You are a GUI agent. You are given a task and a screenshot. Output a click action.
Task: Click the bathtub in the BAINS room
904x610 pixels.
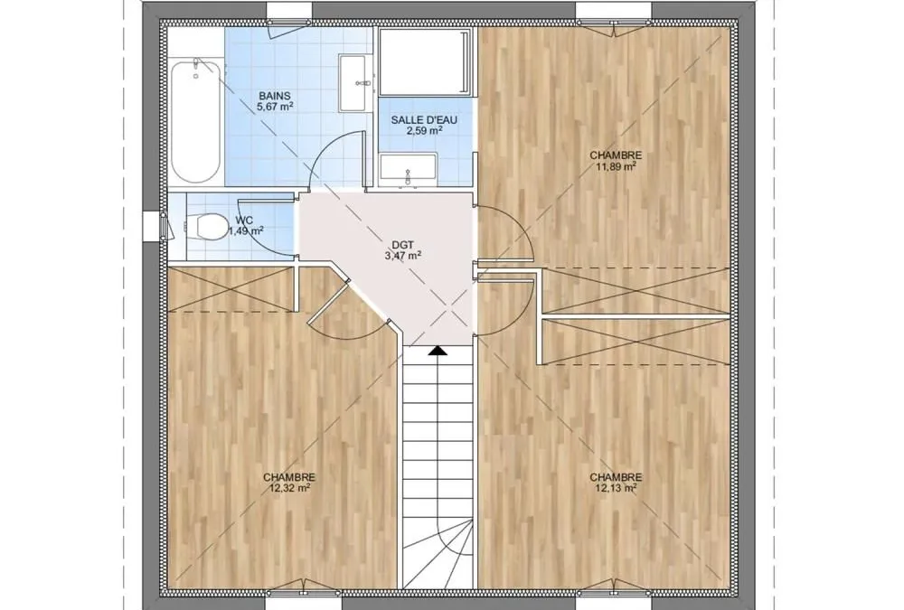tap(195, 121)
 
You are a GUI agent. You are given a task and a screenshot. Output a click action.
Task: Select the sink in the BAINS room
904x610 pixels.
tap(354, 82)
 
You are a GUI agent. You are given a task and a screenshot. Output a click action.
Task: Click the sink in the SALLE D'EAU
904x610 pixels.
tap(408, 168)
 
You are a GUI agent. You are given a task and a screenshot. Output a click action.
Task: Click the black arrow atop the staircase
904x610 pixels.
tap(438, 350)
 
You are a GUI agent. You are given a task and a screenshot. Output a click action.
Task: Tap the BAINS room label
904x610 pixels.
tap(275, 96)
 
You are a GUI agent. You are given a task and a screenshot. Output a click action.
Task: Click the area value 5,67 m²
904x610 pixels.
tap(275, 106)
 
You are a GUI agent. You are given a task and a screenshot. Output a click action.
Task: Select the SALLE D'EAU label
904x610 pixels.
tap(424, 120)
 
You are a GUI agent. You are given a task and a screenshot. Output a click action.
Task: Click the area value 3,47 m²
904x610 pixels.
tap(402, 255)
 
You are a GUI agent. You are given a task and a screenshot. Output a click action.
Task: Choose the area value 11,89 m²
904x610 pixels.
tap(616, 166)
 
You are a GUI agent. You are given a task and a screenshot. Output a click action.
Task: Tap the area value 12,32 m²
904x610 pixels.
tap(289, 488)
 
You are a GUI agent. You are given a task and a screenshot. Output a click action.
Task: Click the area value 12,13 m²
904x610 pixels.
tap(616, 488)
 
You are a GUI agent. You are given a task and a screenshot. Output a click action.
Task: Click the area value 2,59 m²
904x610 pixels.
tap(424, 130)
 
